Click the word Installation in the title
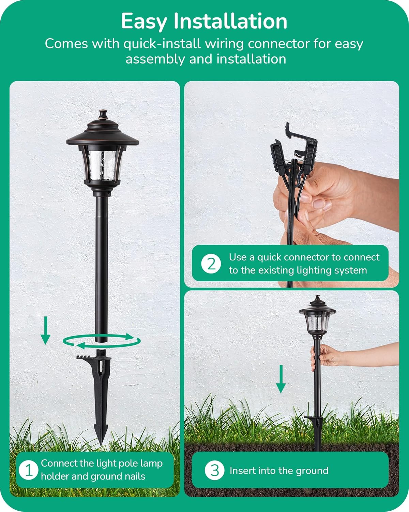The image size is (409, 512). (230, 21)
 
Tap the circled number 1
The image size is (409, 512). (29, 470)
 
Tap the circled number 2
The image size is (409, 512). (211, 264)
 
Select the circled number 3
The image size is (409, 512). (214, 470)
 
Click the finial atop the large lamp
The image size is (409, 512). (103, 114)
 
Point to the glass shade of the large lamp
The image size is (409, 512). (103, 162)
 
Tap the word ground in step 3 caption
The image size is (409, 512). (313, 470)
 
